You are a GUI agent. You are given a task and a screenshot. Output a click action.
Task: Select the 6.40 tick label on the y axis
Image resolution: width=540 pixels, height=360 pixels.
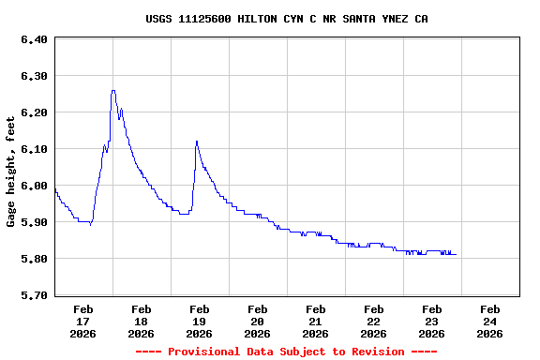tap(33, 39)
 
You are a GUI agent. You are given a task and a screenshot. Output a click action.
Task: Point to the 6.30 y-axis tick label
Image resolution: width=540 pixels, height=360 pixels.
tap(33, 76)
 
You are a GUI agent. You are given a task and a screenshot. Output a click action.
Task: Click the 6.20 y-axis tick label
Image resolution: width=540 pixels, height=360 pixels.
tap(33, 112)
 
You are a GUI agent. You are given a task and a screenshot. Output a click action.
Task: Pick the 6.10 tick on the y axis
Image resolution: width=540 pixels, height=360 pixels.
tap(33, 149)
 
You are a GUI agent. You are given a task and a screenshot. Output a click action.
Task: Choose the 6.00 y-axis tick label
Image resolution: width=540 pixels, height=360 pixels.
tap(33, 186)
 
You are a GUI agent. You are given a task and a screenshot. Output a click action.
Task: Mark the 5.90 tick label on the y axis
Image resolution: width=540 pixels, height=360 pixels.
tap(33, 222)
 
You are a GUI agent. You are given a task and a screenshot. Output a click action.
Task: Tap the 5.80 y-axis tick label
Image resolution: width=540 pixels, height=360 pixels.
tap(33, 259)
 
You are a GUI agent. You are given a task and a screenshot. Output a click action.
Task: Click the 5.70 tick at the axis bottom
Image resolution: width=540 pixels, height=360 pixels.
tap(33, 295)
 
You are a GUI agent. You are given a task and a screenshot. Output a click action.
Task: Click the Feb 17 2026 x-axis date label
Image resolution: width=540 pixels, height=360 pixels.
tap(83, 321)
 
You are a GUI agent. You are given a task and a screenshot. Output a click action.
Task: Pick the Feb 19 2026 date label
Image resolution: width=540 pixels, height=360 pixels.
tap(200, 321)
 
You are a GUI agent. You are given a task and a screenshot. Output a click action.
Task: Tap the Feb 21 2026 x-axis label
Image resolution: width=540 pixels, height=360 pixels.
tap(316, 321)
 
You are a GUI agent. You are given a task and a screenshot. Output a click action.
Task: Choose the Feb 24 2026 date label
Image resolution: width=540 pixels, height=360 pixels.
tap(490, 321)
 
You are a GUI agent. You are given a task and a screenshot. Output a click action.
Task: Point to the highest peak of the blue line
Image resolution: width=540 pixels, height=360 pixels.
tap(113, 91)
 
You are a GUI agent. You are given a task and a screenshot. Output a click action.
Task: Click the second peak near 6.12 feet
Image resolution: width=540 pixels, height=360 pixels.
tap(197, 141)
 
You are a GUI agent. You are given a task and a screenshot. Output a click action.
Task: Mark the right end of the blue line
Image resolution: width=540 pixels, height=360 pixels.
tap(456, 255)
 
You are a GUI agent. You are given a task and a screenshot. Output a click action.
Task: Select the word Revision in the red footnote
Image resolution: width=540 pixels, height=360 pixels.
tap(375, 352)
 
